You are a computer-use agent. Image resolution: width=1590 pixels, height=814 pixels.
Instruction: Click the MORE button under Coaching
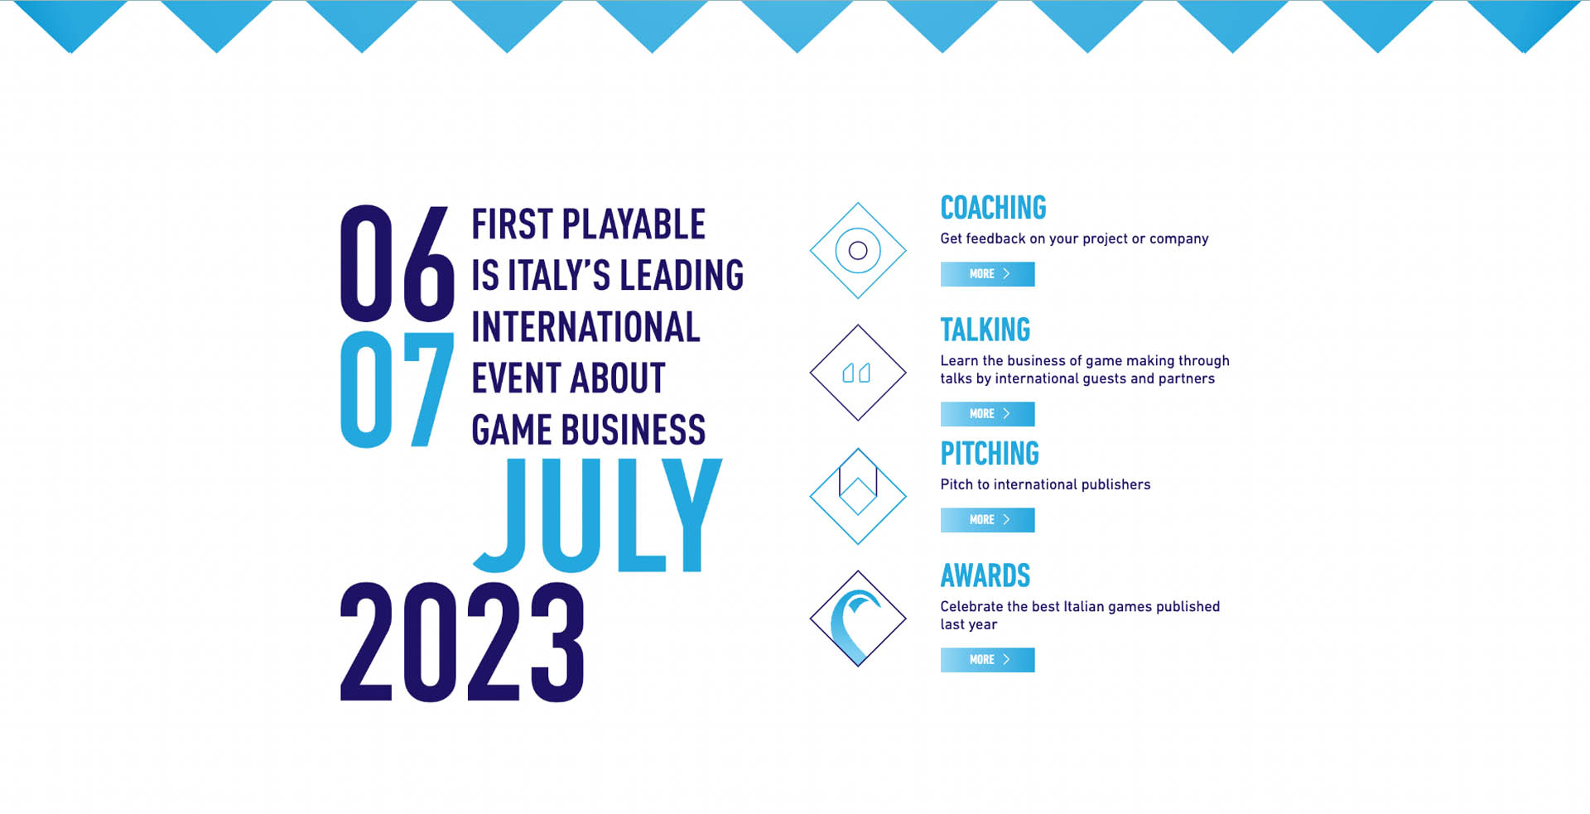coord(987,274)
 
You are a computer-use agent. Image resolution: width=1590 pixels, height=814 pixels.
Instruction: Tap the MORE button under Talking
coord(987,414)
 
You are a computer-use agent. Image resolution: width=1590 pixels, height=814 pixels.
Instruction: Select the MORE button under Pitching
coord(987,520)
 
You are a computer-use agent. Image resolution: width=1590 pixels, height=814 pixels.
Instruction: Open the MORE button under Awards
coord(987,660)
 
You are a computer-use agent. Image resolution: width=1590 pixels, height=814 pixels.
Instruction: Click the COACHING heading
coord(993,208)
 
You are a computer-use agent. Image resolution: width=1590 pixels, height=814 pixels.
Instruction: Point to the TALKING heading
coord(985,330)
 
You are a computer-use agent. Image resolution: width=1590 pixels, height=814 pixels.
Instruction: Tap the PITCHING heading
coord(990,454)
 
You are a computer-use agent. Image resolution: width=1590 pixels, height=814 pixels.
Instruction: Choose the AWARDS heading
coord(985,576)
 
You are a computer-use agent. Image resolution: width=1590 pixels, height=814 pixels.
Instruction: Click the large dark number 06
coord(397,263)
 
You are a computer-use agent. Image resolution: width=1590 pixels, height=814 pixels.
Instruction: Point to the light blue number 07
coord(397,389)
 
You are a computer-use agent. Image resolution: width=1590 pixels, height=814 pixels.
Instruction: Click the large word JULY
coord(598,515)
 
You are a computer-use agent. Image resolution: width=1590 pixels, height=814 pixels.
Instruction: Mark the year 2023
coord(462,643)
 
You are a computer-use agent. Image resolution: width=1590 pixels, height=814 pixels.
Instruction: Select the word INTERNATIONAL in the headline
coord(585,327)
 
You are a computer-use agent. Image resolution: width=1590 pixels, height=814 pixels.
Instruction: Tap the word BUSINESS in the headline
coord(636,430)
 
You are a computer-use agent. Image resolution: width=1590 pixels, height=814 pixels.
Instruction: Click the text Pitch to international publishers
coord(1045,484)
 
